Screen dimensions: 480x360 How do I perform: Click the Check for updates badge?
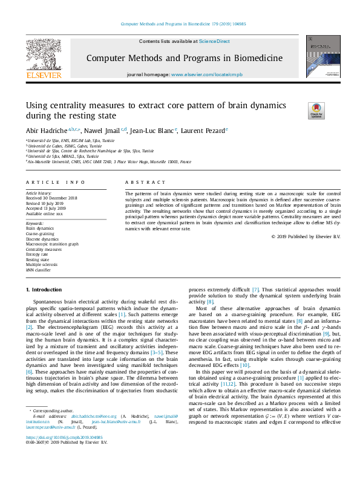coord(316,111)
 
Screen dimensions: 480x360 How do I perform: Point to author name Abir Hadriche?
coord(46,129)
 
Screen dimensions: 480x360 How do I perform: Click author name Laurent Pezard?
coord(204,129)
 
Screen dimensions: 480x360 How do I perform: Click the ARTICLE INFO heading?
coord(55,181)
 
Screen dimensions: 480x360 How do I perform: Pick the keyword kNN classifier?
coord(39,270)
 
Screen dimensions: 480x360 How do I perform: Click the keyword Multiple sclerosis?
coord(42,265)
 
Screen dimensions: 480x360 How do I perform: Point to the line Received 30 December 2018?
coord(51,198)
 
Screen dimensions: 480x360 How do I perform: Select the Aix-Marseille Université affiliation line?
coord(109,162)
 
